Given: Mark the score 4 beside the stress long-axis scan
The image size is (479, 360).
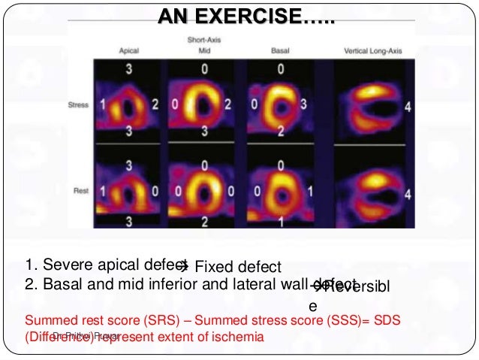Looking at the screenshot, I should (x=408, y=107).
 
